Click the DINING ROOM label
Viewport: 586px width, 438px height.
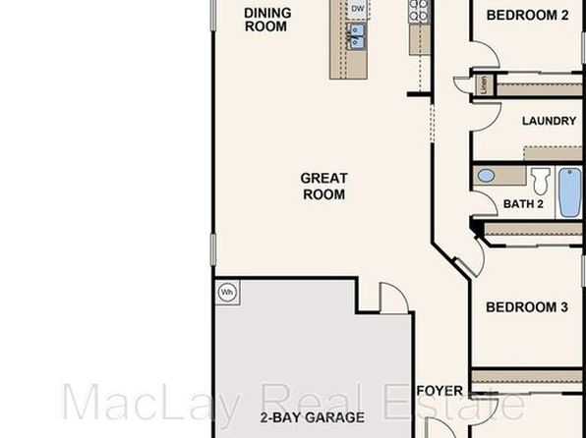point(267,20)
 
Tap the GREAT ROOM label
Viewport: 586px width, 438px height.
point(324,187)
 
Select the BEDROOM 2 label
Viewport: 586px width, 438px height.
point(527,16)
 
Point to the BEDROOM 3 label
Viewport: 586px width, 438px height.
point(527,307)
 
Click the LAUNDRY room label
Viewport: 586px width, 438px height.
point(549,121)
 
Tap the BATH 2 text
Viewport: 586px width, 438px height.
point(523,204)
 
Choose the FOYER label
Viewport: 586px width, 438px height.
point(439,391)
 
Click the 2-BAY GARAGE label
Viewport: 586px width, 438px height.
point(313,417)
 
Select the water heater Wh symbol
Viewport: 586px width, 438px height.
point(227,293)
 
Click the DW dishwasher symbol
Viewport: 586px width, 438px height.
point(358,9)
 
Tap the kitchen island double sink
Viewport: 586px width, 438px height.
point(356,36)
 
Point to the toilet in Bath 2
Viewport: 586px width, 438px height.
point(541,181)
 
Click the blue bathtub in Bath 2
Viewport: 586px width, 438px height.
point(570,192)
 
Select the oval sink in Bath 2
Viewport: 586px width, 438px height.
point(486,176)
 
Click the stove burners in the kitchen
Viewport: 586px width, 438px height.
point(419,10)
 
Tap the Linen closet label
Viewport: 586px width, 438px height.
point(485,84)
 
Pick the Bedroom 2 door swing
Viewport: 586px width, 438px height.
point(485,55)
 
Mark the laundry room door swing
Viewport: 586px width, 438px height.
point(486,117)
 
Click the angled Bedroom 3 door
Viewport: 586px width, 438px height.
point(470,261)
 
